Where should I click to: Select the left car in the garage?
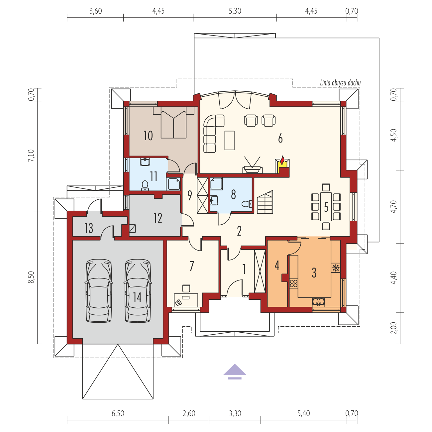tap(99, 291)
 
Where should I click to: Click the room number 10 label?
tap(148, 136)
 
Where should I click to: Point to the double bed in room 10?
tap(173, 122)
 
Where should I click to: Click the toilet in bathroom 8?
tap(247, 204)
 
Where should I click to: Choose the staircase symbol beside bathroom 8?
tap(265, 202)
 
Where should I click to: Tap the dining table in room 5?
tap(326, 206)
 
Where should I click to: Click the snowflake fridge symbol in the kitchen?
tap(336, 268)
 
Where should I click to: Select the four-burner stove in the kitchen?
tap(293, 283)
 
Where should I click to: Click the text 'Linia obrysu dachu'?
tap(340, 83)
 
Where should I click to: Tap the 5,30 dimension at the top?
tap(235, 11)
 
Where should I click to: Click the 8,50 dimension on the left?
tap(31, 277)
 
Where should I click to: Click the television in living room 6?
tap(253, 165)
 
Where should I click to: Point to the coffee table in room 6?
tap(229, 140)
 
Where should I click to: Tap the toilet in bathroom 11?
tap(145, 186)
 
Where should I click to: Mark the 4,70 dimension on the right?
tap(393, 206)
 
